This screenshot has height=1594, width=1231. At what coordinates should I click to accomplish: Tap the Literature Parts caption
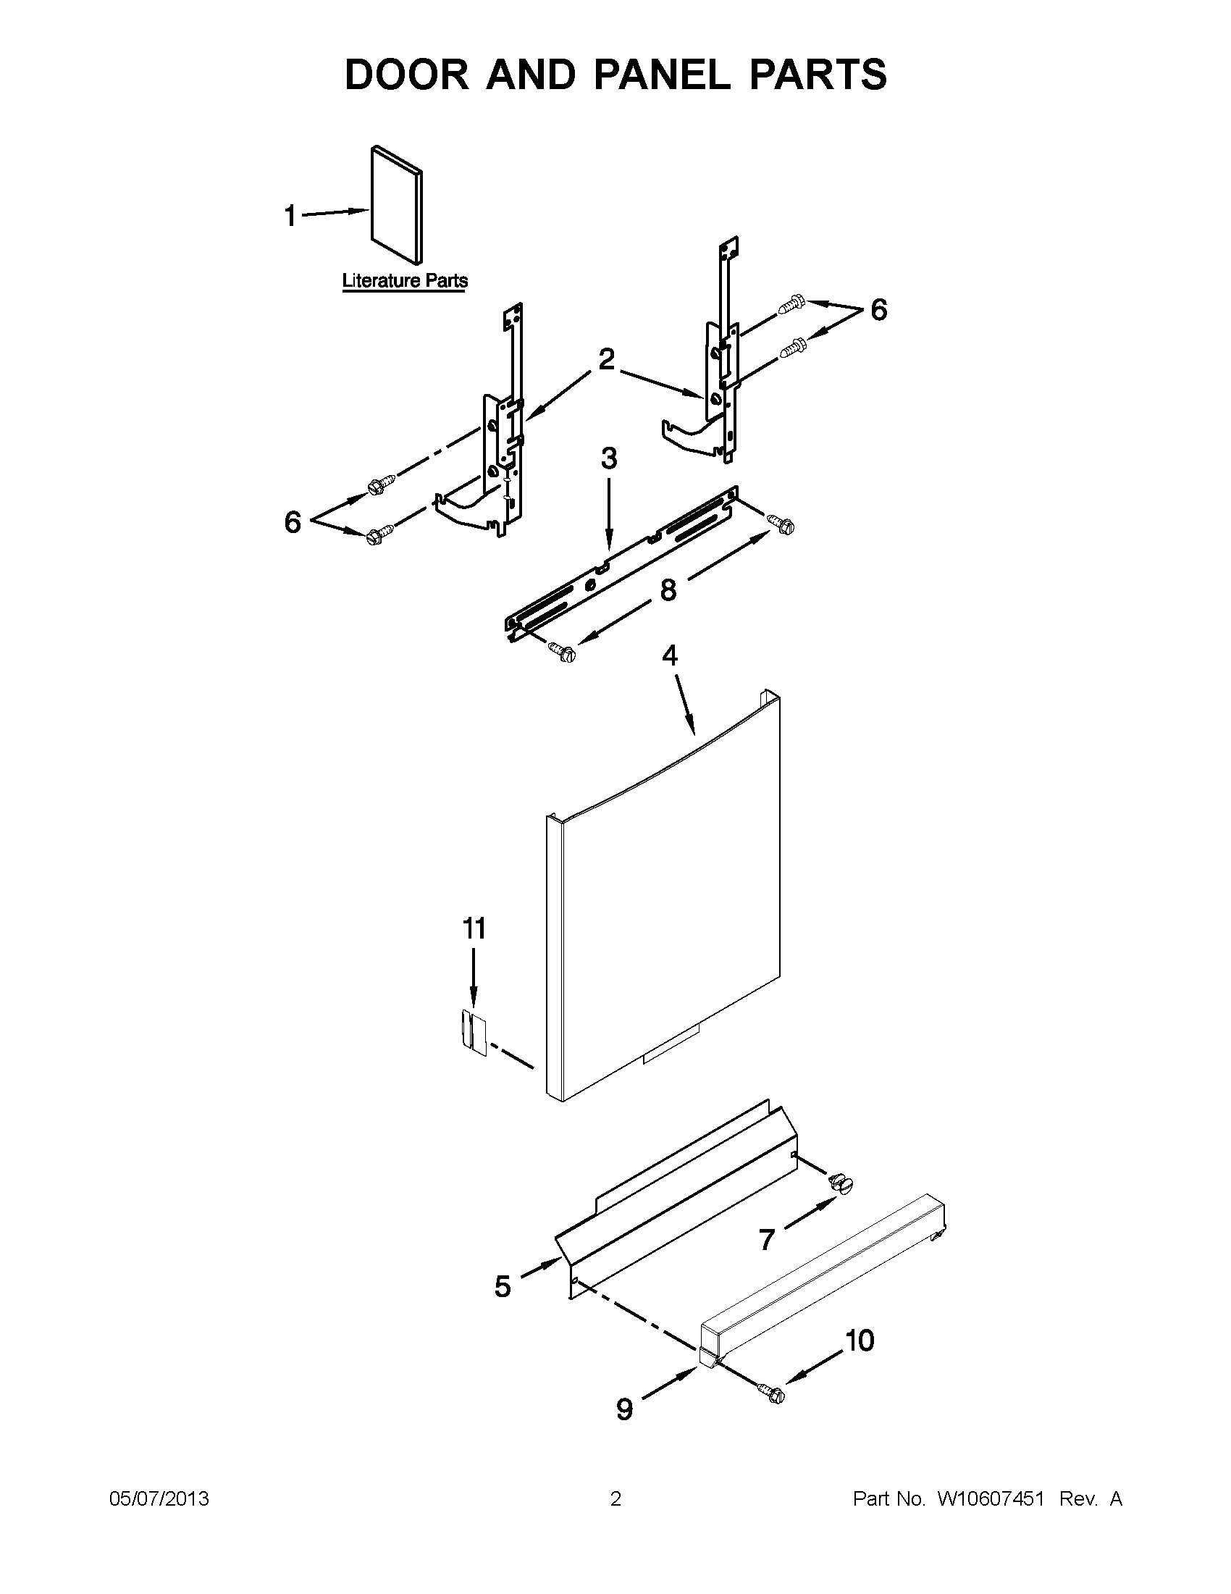coord(405,281)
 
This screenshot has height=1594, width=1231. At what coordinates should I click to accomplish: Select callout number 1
coord(290,216)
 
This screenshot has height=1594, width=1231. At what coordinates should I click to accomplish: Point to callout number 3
coord(608,458)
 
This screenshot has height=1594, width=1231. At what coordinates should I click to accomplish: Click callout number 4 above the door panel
coord(669,655)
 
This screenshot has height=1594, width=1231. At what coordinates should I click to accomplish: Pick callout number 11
coord(474,928)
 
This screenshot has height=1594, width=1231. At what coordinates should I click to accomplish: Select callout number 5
coord(503,1286)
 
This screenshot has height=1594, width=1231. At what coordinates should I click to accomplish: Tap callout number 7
coord(766,1239)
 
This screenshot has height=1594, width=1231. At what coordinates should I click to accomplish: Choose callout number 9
coord(625,1409)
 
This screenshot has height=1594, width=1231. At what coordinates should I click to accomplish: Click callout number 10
coord(860,1340)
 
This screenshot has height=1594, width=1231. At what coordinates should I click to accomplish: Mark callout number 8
coord(668,590)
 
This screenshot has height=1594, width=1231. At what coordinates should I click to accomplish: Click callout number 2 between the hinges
coord(606,359)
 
